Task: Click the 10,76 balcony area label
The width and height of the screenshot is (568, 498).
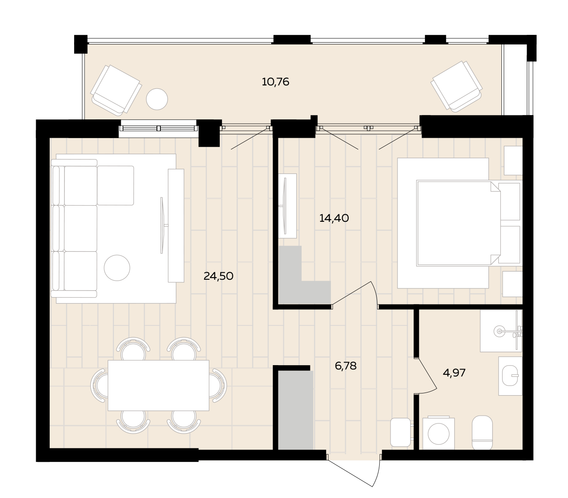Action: coord(275,82)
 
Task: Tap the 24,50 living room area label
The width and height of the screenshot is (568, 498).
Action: coord(218,276)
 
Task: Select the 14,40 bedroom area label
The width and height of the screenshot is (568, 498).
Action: coord(334,218)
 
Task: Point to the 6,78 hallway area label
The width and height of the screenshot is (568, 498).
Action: coord(345,366)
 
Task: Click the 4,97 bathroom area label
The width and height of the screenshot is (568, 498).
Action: coord(454,373)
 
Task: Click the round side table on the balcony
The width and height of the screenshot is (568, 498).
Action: coord(157,99)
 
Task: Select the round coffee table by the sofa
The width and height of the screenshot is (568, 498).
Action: coord(117,268)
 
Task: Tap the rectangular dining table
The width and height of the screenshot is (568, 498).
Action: coord(158,385)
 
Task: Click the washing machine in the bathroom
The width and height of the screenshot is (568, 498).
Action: coord(439,433)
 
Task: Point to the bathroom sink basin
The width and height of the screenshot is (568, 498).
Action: coord(510,376)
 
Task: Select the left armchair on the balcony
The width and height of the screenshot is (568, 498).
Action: coord(116,90)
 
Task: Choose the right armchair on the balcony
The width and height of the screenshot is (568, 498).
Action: coord(457,86)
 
